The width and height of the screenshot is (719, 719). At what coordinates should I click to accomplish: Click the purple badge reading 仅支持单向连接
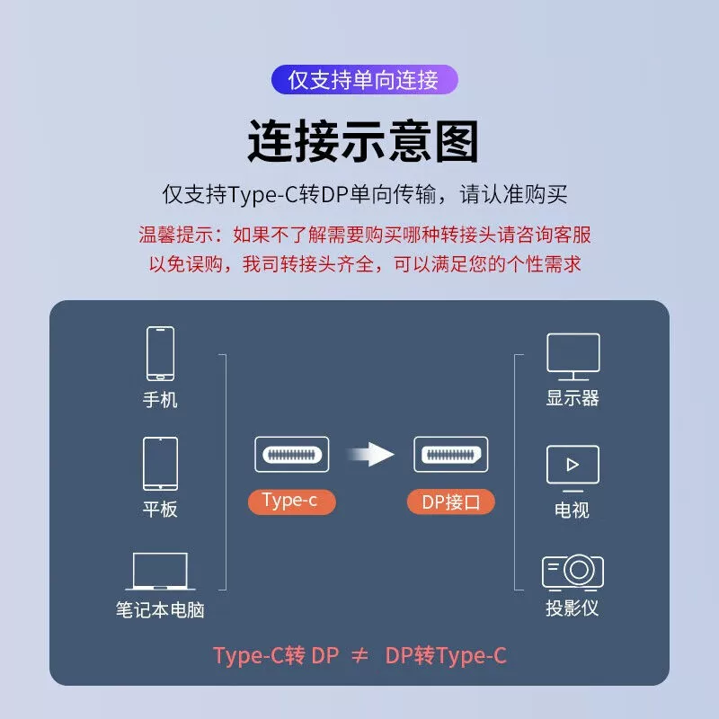365,80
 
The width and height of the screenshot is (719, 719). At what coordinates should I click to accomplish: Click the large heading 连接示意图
363,141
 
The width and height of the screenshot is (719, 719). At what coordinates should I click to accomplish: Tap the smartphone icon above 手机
160,353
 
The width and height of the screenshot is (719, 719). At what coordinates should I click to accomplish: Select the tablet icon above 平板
160,464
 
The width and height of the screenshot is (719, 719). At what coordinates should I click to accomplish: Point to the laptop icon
160,572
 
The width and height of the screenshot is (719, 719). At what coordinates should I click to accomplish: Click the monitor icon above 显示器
573,357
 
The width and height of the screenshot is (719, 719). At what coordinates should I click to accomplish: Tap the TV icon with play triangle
573,468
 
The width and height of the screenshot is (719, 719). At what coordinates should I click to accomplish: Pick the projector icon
573,573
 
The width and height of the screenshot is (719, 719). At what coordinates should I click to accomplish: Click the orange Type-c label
291,502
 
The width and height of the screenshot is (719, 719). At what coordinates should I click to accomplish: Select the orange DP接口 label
451,502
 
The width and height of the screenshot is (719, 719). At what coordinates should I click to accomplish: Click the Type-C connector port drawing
292,455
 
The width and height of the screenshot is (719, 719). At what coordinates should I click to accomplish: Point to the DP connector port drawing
451,455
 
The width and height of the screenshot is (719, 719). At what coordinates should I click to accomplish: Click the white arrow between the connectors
370,455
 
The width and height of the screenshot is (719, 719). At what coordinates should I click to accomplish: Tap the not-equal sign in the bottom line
360,656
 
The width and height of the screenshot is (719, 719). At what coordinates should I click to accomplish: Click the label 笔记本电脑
160,610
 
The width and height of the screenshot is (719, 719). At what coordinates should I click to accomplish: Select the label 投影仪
573,608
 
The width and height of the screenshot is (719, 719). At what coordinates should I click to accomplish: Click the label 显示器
573,398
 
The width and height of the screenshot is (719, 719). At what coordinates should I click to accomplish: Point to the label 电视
572,510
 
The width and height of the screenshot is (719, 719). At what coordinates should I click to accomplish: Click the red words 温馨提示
175,235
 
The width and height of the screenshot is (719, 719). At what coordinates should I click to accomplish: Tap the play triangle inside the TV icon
573,465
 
